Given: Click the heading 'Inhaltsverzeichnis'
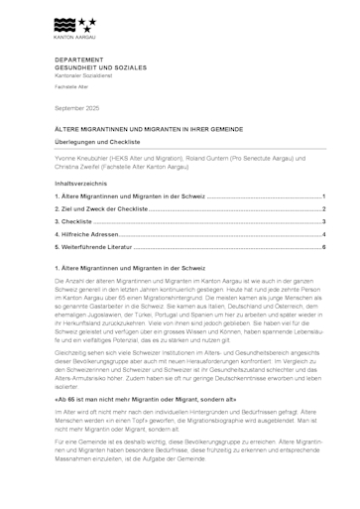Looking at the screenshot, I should click(79, 185).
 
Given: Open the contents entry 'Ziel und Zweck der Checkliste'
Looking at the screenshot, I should click(104, 209).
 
